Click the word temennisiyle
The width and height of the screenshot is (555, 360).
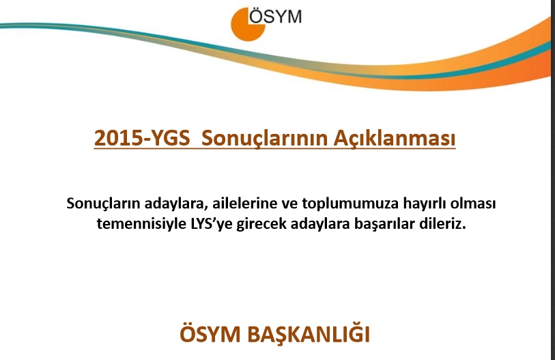[x=132, y=223]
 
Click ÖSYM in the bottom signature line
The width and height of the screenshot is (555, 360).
[x=210, y=335]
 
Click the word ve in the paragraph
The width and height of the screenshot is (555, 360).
[x=282, y=204]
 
